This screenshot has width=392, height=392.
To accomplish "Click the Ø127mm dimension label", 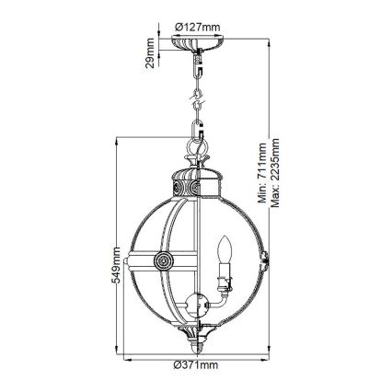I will (196, 26).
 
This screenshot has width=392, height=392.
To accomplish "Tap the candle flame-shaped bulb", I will (221, 249).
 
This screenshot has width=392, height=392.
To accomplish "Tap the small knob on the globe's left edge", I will (127, 261).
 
